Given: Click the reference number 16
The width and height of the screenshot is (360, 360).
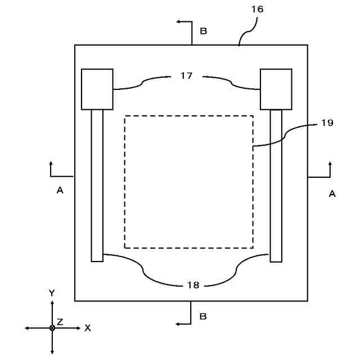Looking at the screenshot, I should coord(258,10).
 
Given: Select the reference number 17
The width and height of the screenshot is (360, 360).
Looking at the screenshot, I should coord(187,75).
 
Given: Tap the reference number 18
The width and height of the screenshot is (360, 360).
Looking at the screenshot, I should coord(193,285).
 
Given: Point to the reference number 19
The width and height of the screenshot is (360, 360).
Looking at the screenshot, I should coord(327,123).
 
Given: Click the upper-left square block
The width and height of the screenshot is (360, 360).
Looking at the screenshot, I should coord(97,89).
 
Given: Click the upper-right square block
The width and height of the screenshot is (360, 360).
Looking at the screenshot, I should coord(276,89).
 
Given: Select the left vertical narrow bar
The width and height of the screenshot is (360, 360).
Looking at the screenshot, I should coord(97,185).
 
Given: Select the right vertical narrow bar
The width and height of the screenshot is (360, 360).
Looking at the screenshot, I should coord(276,185).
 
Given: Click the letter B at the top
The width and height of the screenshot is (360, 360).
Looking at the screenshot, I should coord(204,31).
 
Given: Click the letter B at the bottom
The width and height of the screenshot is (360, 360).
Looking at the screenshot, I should coord(204,317).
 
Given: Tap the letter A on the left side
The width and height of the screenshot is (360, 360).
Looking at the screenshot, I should coord(60,191).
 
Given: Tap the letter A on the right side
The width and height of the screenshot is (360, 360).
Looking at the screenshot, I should coord(332,193).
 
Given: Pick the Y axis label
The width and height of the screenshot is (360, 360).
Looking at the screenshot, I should coord(52,293).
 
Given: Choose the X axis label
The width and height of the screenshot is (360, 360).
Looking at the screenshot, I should coord(87,328).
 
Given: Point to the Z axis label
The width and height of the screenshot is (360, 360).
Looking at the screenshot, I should coord(60,322).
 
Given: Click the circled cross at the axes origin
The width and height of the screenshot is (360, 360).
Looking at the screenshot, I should coord(52,327).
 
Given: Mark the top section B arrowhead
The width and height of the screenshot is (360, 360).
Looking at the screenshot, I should coord(178,21).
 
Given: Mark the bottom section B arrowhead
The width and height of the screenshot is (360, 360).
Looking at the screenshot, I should coord(178,324).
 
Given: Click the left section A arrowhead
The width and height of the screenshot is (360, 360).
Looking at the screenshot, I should coord(51,164).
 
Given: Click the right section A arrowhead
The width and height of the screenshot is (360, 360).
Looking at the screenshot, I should coord(330,164).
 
